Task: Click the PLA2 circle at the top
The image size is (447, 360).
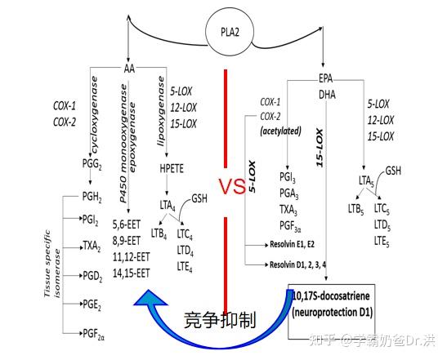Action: (x=230, y=32)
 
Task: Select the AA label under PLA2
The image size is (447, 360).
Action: (x=129, y=69)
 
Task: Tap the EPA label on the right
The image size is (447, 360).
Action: (x=325, y=78)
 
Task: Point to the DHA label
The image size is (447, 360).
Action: (x=327, y=95)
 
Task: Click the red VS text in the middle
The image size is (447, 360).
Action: (x=232, y=187)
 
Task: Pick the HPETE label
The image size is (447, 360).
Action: (x=172, y=169)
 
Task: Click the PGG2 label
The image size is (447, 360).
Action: (x=92, y=164)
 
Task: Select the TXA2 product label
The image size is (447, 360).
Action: (x=92, y=247)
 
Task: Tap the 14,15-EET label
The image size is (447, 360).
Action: (x=131, y=273)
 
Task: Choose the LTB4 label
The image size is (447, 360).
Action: (x=159, y=233)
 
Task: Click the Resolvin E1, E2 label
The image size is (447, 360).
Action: (x=292, y=244)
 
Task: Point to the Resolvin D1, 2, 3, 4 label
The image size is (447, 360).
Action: (x=298, y=264)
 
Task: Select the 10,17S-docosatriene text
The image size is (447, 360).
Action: (x=331, y=296)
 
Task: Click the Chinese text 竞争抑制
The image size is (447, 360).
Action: (x=220, y=319)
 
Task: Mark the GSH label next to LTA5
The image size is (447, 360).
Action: (x=393, y=171)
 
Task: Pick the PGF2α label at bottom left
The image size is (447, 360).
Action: (x=93, y=334)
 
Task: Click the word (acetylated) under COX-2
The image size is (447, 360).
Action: (x=281, y=131)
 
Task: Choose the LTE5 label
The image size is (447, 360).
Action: (x=382, y=242)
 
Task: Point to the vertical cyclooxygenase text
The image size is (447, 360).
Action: (x=94, y=115)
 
